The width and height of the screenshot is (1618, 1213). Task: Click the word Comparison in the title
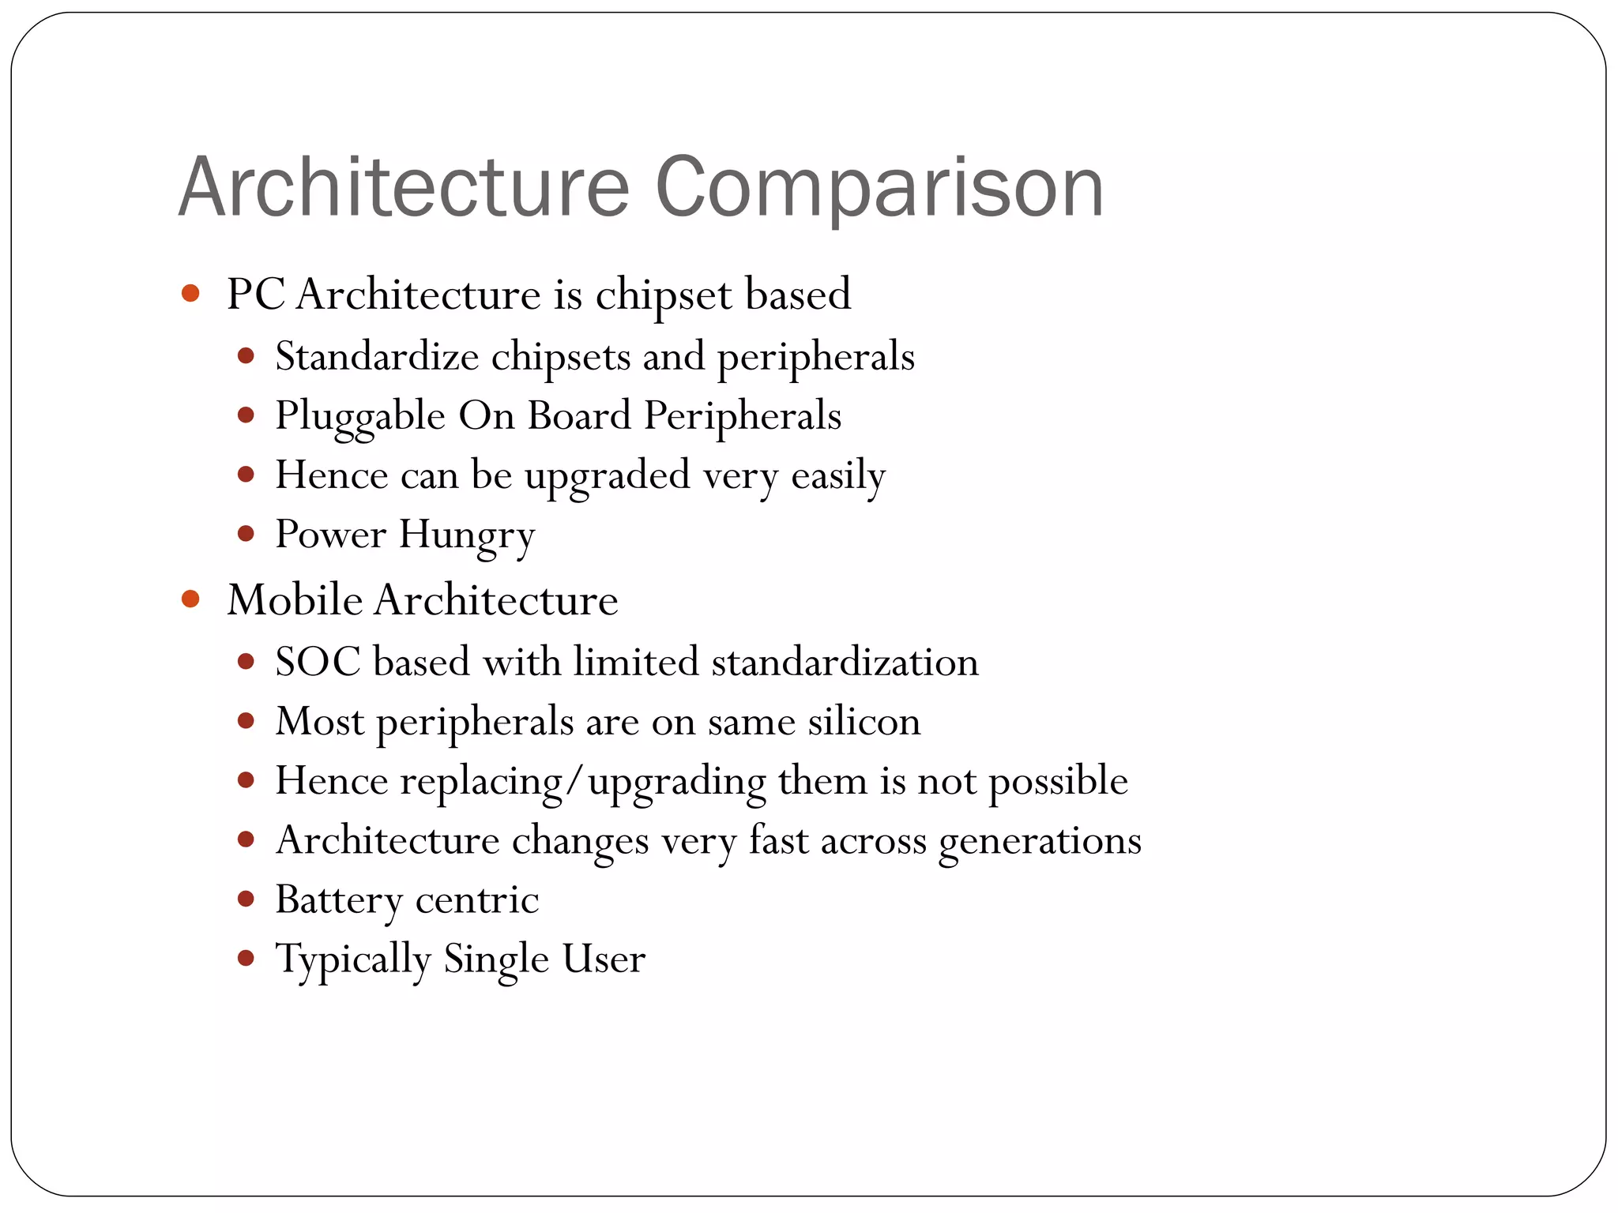(x=879, y=188)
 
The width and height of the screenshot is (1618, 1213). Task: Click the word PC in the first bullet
(x=255, y=295)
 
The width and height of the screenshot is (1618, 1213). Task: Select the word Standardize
(x=377, y=356)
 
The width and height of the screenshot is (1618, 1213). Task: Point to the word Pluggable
(x=360, y=417)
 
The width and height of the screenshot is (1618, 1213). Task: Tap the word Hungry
(x=467, y=535)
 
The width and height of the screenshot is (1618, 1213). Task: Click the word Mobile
(x=295, y=599)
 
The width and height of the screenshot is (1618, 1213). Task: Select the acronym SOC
(x=318, y=661)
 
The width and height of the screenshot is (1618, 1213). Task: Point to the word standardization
(x=845, y=661)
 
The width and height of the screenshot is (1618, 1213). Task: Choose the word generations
(x=1040, y=841)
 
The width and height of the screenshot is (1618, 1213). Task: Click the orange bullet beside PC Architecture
(x=190, y=294)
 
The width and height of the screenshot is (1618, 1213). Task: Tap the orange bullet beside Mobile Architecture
(x=190, y=599)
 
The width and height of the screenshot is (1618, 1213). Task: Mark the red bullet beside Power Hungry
(x=246, y=534)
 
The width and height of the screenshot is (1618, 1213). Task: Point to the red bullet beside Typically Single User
(x=246, y=958)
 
